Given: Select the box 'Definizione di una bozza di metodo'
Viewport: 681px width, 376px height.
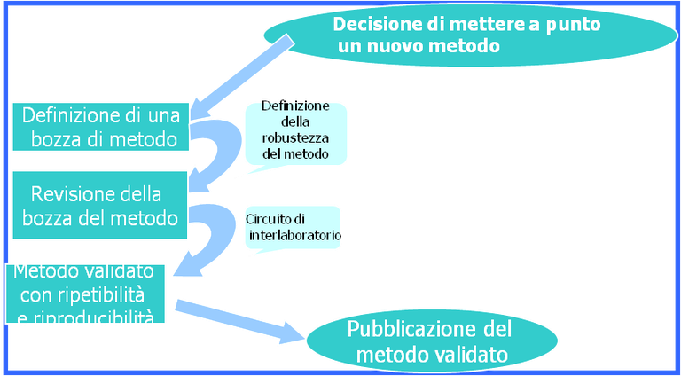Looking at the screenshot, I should pyautogui.click(x=99, y=127).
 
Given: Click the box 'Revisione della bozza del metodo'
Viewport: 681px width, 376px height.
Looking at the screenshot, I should pyautogui.click(x=99, y=206).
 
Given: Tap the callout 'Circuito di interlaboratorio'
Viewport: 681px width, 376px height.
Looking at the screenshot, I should pyautogui.click(x=293, y=229).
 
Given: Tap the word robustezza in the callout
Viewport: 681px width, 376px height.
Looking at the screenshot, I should pyautogui.click(x=296, y=138).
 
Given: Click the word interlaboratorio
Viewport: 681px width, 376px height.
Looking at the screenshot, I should pyautogui.click(x=292, y=237).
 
